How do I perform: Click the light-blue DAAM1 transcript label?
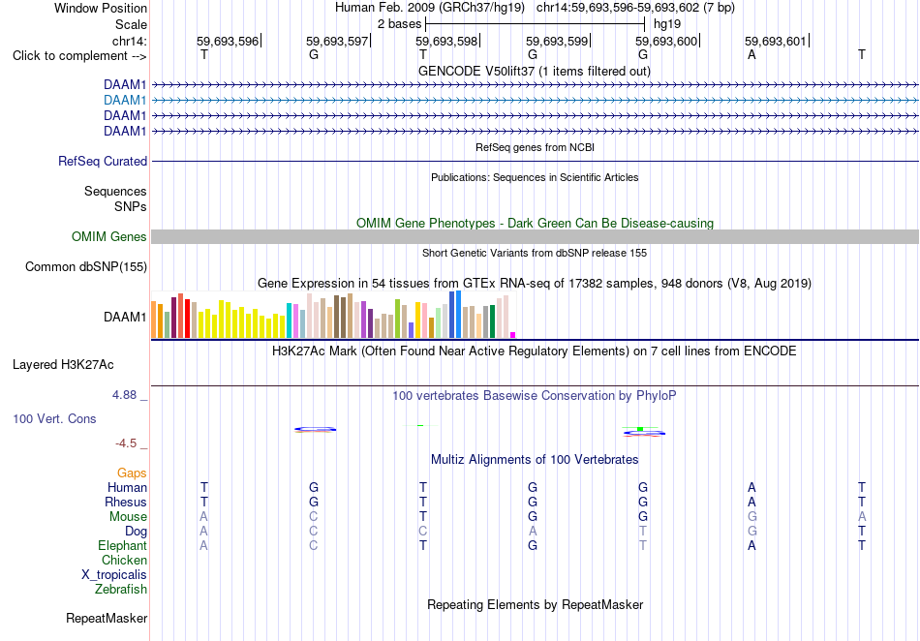pyautogui.click(x=125, y=101)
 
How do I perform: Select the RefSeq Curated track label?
pyautogui.click(x=103, y=162)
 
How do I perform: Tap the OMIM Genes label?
pyautogui.click(x=109, y=237)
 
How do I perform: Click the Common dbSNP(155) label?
pyautogui.click(x=86, y=267)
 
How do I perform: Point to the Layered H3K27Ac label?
pyautogui.click(x=63, y=365)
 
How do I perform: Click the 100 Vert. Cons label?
pyautogui.click(x=54, y=418)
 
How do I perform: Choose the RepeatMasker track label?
pyautogui.click(x=107, y=618)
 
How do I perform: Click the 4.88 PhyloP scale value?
pyautogui.click(x=124, y=395)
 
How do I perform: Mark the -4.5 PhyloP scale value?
pyautogui.click(x=126, y=443)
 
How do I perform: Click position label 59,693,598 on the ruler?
pyautogui.click(x=446, y=41)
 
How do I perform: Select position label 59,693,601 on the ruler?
pyautogui.click(x=776, y=41)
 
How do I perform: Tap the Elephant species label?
pyautogui.click(x=123, y=546)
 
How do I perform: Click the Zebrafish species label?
pyautogui.click(x=121, y=590)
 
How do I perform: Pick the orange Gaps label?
pyautogui.click(x=132, y=473)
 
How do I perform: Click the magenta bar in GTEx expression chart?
pyautogui.click(x=513, y=335)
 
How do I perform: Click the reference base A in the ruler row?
pyautogui.click(x=751, y=55)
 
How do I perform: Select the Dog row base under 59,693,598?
pyautogui.click(x=423, y=532)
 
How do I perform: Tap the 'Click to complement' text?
pyautogui.click(x=71, y=56)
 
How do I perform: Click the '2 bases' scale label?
pyautogui.click(x=400, y=24)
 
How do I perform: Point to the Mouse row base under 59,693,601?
pyautogui.click(x=752, y=517)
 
